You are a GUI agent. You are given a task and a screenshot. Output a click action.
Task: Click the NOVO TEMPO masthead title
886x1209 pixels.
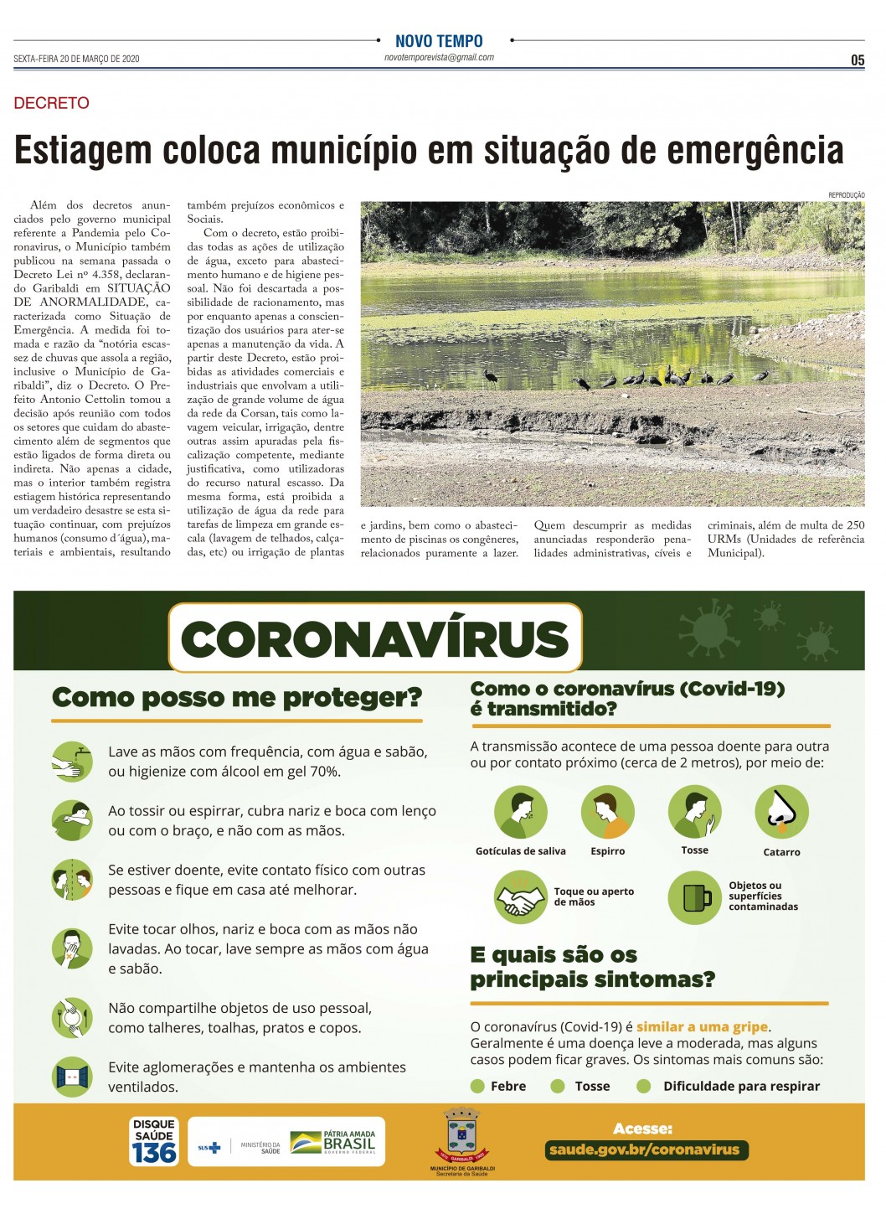[x=439, y=41]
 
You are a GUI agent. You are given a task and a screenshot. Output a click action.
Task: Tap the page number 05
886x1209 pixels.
[x=858, y=60]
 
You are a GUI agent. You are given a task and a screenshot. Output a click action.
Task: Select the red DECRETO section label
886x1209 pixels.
[x=51, y=103]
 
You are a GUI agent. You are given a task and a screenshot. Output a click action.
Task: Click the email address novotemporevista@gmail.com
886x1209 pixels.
[x=439, y=58]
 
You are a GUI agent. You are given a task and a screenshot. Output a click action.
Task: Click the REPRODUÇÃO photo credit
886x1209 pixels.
[x=846, y=195]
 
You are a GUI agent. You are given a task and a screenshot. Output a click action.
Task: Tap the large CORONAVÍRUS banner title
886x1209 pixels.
[x=375, y=638]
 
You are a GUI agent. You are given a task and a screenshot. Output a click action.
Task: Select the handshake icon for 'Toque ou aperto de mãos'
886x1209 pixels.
[x=520, y=897]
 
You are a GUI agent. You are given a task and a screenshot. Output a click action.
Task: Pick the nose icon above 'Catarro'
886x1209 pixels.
[x=781, y=812]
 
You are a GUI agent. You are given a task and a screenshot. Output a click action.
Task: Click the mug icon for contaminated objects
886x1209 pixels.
[x=694, y=897]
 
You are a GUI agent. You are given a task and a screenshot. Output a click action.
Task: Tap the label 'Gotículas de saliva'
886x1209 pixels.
[x=520, y=851]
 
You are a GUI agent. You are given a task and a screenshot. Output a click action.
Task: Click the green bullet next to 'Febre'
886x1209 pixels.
[x=477, y=1087]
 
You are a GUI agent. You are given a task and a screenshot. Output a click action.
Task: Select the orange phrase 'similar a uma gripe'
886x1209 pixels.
[x=702, y=1026]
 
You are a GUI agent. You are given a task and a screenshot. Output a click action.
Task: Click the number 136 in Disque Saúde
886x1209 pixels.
[x=154, y=1153]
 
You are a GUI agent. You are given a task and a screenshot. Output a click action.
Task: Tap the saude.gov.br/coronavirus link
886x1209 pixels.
[x=643, y=1150]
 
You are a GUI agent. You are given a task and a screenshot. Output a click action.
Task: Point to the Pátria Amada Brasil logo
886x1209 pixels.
[x=333, y=1142]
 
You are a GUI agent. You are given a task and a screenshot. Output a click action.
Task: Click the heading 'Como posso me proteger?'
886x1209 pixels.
[x=237, y=697]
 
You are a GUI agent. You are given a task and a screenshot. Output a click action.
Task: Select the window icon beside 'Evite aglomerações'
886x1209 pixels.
[x=72, y=1076]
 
